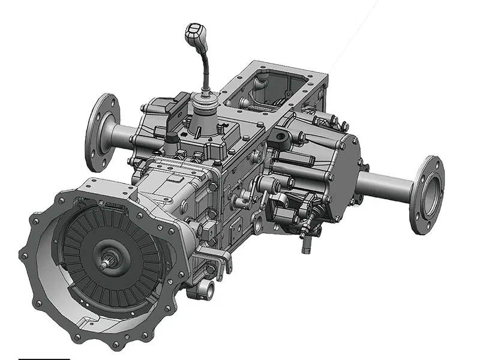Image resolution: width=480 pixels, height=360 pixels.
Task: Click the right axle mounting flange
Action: (427, 194)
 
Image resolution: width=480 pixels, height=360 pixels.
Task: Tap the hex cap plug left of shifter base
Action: (171, 139)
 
